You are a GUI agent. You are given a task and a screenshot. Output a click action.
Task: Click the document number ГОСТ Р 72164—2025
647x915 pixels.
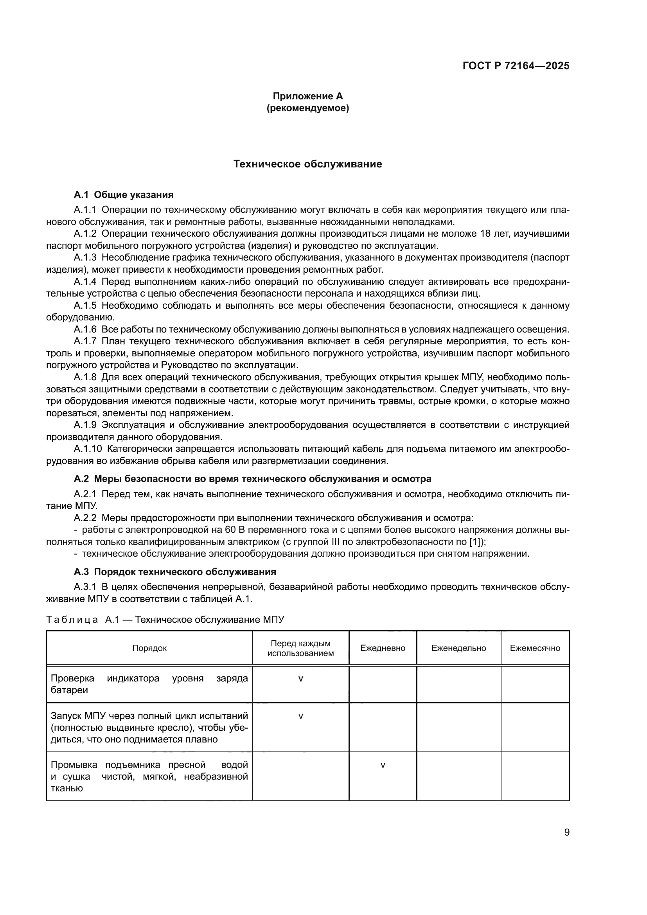pos(516,66)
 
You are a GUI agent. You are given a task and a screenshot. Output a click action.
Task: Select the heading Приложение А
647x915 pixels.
pos(307,96)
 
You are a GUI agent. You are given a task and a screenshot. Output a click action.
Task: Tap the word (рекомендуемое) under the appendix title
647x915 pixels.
pos(307,108)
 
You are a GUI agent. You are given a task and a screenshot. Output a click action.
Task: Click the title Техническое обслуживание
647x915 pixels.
pos(307,164)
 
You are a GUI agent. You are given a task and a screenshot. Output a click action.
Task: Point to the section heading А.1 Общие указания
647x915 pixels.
pos(124,195)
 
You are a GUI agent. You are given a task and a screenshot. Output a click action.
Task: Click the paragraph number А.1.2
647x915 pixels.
pos(85,234)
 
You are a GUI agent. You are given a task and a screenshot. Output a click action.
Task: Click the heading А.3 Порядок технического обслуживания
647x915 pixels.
pos(175,572)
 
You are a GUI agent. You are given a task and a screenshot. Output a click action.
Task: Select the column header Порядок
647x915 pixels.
pos(149,648)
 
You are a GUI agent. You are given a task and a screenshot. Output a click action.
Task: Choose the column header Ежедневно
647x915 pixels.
pos(383,648)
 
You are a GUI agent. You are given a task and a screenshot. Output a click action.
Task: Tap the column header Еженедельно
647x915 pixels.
pos(458,648)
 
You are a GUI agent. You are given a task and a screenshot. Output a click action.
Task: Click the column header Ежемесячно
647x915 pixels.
pos(535,648)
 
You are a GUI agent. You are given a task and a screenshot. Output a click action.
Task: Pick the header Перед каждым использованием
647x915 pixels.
pos(300,648)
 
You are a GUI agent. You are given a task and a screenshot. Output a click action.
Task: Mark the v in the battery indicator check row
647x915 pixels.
pos(300,679)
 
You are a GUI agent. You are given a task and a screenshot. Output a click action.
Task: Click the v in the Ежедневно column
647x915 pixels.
pos(383,765)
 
